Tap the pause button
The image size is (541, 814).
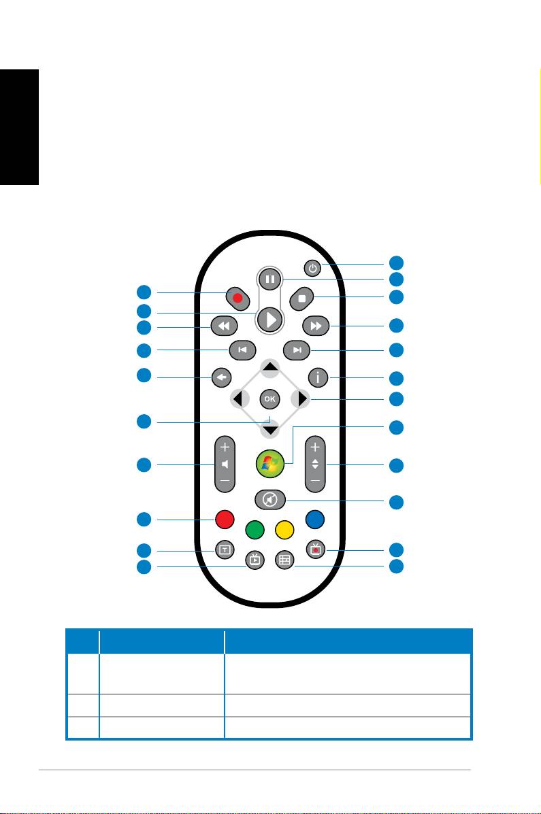(x=270, y=279)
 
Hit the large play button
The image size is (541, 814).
(x=270, y=319)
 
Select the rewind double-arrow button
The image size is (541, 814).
(x=224, y=326)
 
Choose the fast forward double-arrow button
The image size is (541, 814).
(x=316, y=326)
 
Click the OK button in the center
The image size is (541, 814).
(x=269, y=399)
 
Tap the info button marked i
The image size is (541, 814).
(x=318, y=377)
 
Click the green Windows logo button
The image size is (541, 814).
(x=270, y=463)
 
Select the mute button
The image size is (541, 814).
(x=270, y=500)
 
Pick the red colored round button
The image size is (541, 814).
(x=225, y=519)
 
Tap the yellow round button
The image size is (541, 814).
(x=285, y=530)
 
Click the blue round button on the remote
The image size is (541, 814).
(x=315, y=519)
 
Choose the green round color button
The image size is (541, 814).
(x=255, y=530)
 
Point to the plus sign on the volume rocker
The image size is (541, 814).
(x=225, y=447)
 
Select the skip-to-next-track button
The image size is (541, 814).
(x=297, y=350)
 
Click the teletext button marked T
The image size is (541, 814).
(x=225, y=549)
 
